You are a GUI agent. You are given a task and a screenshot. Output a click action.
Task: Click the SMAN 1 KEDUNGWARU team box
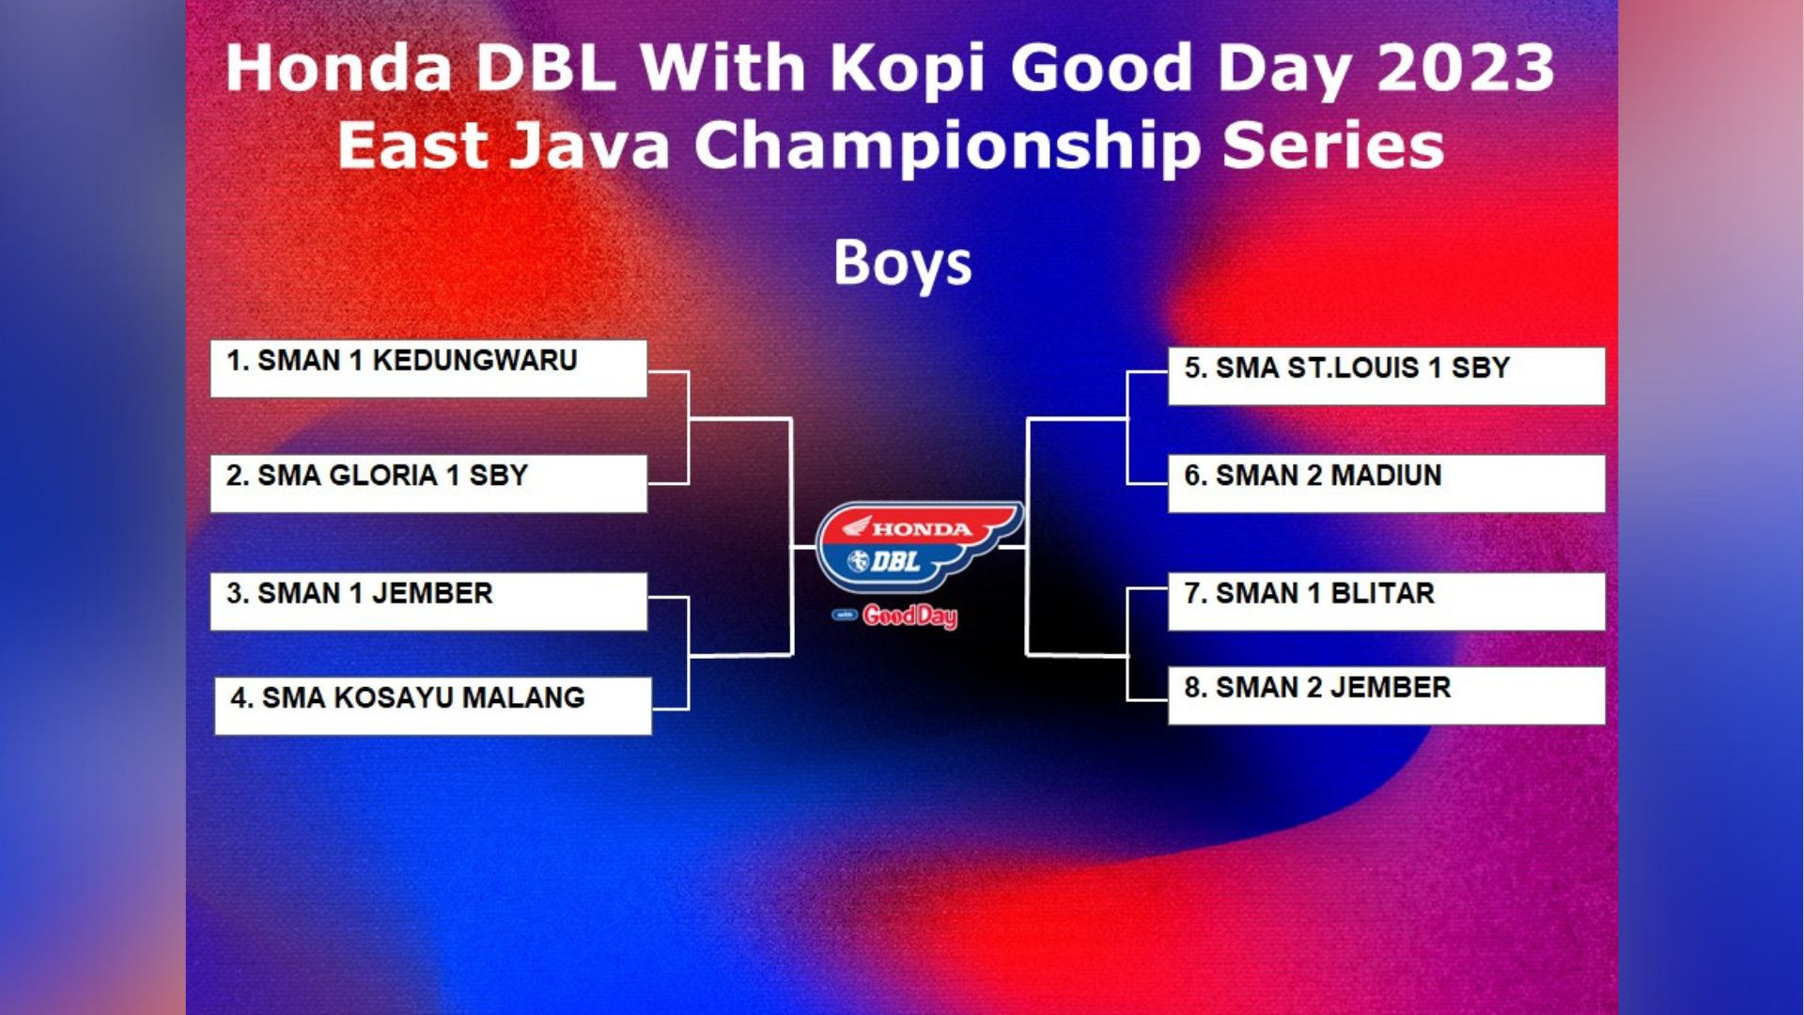click(x=428, y=368)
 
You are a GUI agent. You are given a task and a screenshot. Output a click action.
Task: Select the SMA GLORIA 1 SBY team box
click(x=428, y=483)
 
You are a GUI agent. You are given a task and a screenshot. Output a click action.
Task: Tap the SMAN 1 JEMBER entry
click(x=428, y=601)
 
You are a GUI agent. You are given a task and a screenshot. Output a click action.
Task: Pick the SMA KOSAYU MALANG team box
click(x=433, y=706)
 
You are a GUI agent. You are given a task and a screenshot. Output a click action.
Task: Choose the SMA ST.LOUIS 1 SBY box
click(x=1387, y=376)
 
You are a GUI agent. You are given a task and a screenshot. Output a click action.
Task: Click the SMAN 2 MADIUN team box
click(x=1387, y=483)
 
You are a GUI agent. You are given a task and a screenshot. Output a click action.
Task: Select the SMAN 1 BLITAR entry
click(x=1387, y=601)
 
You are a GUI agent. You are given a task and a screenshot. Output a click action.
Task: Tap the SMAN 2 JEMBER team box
click(x=1387, y=695)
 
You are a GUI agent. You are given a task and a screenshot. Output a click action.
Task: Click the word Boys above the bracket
click(x=902, y=264)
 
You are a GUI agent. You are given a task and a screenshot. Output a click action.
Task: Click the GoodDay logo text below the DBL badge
click(x=910, y=617)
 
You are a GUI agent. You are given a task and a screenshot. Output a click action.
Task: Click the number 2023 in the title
click(x=1466, y=69)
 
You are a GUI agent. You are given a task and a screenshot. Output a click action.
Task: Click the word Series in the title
click(x=1333, y=146)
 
